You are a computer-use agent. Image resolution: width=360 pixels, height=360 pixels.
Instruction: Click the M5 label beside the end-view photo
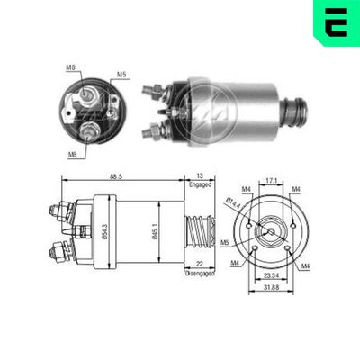click(x=121, y=75)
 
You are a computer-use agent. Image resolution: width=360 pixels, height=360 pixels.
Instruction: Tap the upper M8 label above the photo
click(x=72, y=66)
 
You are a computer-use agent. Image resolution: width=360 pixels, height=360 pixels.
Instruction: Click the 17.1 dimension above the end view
click(x=272, y=179)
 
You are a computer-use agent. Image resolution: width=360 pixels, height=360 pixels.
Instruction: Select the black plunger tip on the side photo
click(x=296, y=112)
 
